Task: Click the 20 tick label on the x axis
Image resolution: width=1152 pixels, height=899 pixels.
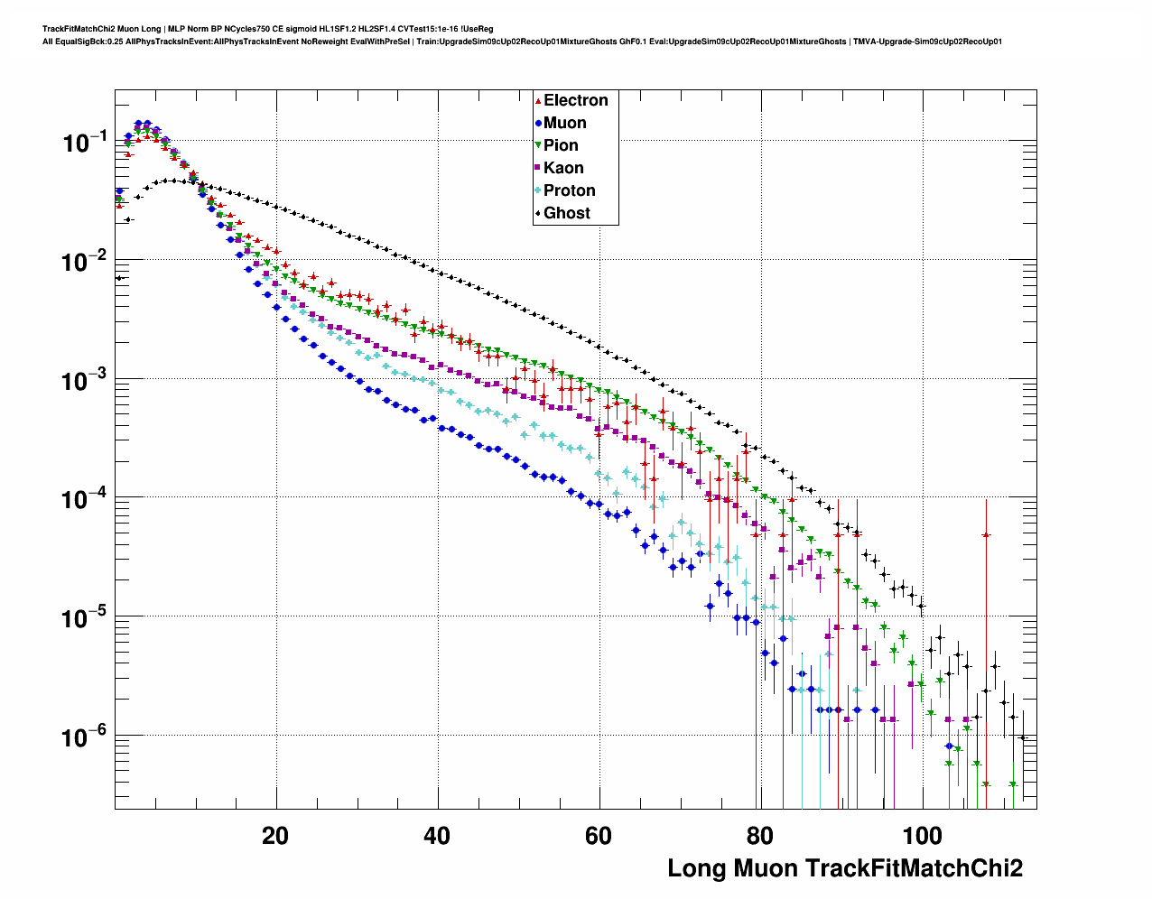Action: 275,836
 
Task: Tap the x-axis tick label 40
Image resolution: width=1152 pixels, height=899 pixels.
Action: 437,836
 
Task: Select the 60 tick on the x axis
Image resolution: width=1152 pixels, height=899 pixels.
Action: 599,836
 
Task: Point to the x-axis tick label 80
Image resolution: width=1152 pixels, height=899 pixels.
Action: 760,836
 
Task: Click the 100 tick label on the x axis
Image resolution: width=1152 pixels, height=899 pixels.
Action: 922,836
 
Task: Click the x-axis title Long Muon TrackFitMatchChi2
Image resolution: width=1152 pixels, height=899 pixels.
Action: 845,868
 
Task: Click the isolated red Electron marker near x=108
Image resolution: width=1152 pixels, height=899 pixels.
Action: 986,535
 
